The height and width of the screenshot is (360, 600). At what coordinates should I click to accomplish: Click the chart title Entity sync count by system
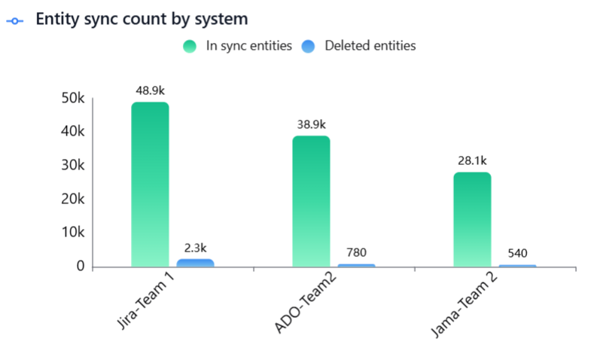(x=142, y=19)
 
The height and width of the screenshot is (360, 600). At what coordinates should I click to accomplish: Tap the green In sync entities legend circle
(x=189, y=47)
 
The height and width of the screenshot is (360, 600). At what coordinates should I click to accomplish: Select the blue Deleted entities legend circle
(x=307, y=47)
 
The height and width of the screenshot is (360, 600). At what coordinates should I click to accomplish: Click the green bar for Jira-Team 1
(x=150, y=185)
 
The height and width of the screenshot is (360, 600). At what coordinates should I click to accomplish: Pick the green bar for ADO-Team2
(x=311, y=201)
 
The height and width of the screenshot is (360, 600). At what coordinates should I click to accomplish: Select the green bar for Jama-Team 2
(x=472, y=219)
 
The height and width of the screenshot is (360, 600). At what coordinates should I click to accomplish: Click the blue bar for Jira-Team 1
(x=195, y=263)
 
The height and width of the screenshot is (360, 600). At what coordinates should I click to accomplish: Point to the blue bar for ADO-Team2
(x=356, y=265)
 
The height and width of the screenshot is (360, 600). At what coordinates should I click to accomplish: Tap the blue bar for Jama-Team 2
(x=517, y=266)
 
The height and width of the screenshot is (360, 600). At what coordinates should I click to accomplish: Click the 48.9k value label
(x=150, y=90)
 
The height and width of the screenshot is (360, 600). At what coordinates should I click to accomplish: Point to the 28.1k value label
(x=472, y=160)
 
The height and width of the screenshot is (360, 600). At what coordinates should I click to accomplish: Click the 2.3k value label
(x=195, y=247)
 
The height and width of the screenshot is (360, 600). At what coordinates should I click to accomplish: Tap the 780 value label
(x=356, y=252)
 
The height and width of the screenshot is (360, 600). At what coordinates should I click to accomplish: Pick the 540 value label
(x=517, y=253)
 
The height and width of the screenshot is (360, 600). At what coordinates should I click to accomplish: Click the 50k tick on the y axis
(x=72, y=98)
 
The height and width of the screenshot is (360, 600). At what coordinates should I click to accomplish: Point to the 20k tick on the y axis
(x=72, y=200)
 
